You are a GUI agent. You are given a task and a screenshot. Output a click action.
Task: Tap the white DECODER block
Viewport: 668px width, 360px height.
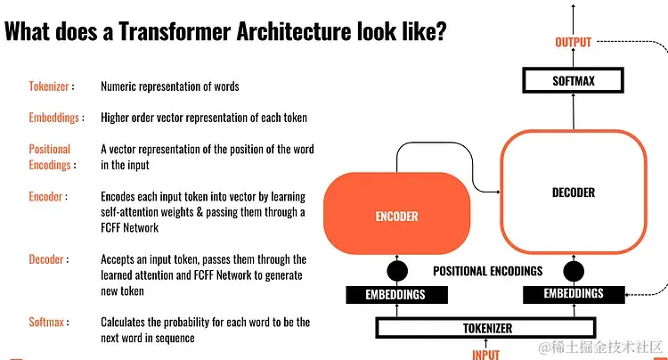tap(573, 192)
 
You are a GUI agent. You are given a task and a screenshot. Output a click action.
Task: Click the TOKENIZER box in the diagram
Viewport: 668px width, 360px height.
tap(487, 328)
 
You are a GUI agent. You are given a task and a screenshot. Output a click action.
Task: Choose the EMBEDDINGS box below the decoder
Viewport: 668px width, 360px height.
tap(574, 293)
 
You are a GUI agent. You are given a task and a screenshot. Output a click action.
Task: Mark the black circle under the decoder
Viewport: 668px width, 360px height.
tap(574, 271)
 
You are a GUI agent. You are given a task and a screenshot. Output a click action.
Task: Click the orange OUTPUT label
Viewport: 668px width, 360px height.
tap(573, 43)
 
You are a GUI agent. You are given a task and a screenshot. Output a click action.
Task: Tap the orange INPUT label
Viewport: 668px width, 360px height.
tap(487, 354)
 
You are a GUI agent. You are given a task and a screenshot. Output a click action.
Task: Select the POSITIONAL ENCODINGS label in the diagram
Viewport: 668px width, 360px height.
tap(487, 271)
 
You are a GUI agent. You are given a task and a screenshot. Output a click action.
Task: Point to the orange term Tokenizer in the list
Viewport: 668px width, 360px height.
tap(50, 86)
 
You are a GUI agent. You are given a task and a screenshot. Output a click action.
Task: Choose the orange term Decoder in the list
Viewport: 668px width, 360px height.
tap(47, 259)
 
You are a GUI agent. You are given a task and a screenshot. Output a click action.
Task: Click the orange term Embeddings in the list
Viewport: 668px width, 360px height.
tap(55, 117)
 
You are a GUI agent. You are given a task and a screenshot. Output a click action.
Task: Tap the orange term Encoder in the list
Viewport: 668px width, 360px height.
tap(46, 196)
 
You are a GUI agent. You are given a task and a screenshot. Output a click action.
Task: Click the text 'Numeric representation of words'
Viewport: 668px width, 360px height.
tap(169, 86)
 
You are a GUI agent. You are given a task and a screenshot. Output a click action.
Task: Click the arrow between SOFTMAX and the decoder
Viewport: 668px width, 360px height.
tap(573, 110)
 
